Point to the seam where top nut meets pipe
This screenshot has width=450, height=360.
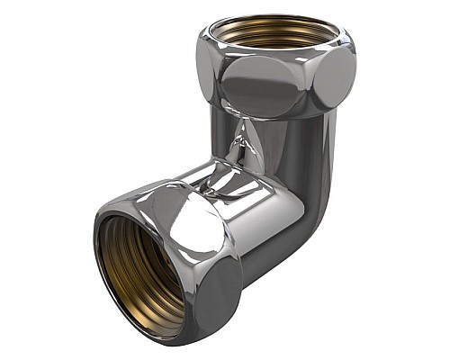coord(270,117)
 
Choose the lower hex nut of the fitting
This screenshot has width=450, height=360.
coord(171,261)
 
